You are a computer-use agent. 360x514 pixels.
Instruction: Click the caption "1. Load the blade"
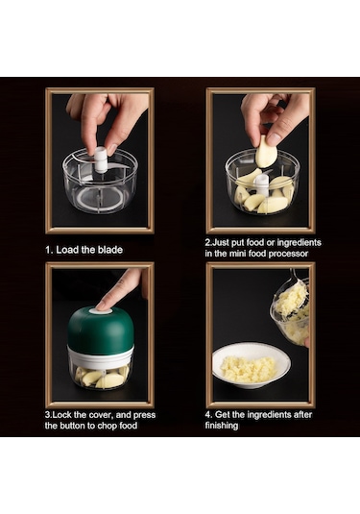click(x=84, y=250)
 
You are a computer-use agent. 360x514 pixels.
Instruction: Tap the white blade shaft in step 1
click(x=101, y=162)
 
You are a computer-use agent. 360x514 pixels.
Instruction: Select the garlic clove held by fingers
click(x=266, y=152)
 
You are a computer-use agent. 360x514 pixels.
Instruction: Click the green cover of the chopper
click(x=100, y=331)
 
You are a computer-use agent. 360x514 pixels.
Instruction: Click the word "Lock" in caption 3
click(x=64, y=414)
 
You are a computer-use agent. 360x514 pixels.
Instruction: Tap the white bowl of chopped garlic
click(x=251, y=365)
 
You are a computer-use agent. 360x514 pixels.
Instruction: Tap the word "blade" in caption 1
click(x=108, y=250)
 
